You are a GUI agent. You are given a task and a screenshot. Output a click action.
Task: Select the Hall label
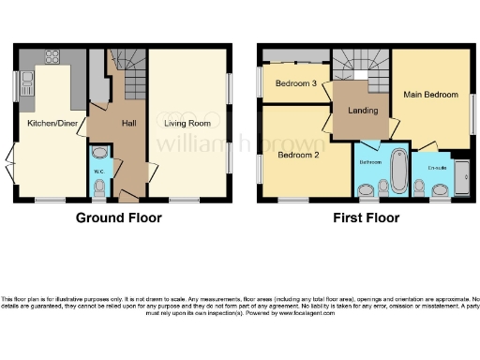coord(129,122)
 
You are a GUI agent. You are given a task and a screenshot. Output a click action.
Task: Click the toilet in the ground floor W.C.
coord(100,187)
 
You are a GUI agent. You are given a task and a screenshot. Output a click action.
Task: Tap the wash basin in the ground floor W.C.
coord(100,152)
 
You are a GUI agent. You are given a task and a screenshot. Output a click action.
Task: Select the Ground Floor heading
coord(118,218)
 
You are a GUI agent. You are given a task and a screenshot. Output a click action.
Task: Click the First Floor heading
coord(367,218)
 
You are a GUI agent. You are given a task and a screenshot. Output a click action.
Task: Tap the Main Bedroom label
coord(430,95)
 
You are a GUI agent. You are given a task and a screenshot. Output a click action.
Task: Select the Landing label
coord(362,110)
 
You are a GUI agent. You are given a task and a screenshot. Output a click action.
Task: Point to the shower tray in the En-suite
coord(461,176)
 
